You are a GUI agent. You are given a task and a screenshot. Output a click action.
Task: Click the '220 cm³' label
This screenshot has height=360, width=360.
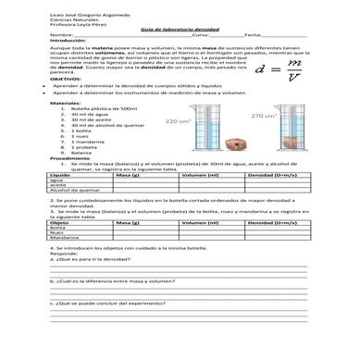[x=176, y=121]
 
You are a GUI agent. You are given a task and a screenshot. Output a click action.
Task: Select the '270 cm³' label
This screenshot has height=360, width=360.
[x=263, y=117]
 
